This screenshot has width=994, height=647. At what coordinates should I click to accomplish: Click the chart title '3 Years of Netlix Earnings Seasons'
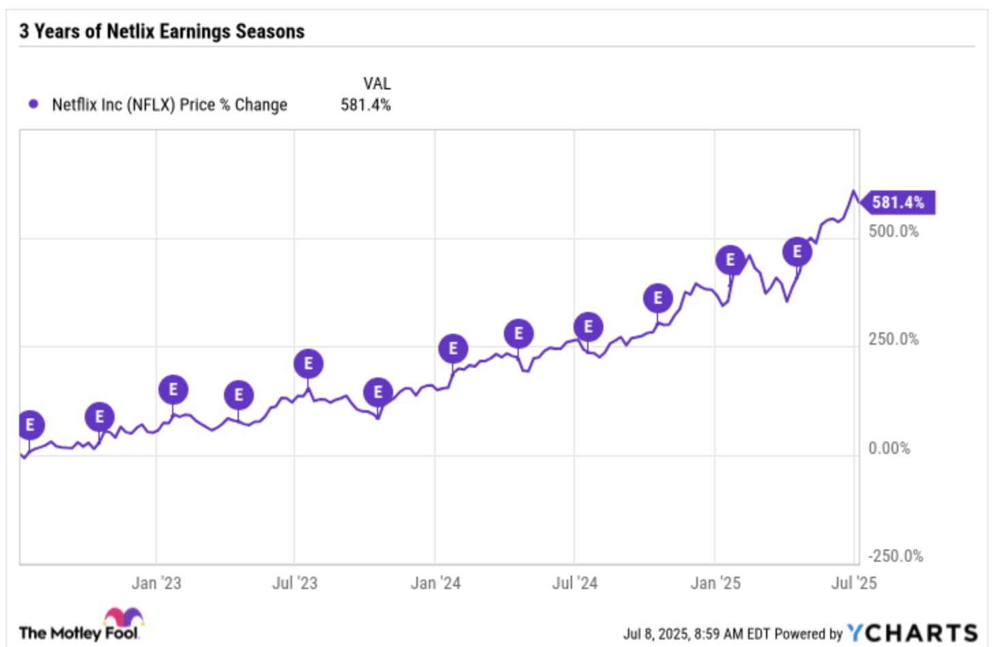point(162,31)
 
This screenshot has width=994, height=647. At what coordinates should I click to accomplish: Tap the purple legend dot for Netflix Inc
point(33,104)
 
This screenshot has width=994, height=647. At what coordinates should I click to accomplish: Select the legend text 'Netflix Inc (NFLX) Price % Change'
point(169,105)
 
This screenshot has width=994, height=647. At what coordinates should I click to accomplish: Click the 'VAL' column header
point(377,83)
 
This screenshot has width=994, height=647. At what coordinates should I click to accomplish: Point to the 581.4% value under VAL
point(366,105)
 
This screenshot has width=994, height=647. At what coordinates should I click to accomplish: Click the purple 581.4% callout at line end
point(898,203)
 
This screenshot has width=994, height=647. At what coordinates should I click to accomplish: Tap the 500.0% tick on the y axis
point(893,231)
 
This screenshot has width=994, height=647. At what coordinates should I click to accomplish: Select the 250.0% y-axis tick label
point(893,339)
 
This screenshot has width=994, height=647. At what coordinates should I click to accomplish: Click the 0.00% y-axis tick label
point(889,448)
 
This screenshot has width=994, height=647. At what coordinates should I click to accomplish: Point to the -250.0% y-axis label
point(895,556)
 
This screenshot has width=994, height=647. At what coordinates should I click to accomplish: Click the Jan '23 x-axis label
point(156,584)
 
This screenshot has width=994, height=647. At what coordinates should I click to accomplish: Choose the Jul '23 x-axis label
point(295,584)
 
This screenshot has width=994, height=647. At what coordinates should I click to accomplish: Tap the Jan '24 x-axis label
point(436,584)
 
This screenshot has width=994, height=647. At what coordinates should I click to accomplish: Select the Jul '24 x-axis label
point(575,584)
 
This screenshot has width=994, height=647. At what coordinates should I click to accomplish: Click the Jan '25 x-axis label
point(715,584)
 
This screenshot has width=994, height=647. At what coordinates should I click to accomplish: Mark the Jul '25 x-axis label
point(854,584)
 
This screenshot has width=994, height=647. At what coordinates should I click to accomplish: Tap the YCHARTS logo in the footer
point(912,633)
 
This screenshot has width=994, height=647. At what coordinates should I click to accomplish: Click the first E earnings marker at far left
point(29,425)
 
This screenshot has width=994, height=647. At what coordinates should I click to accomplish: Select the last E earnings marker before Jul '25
point(797,252)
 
